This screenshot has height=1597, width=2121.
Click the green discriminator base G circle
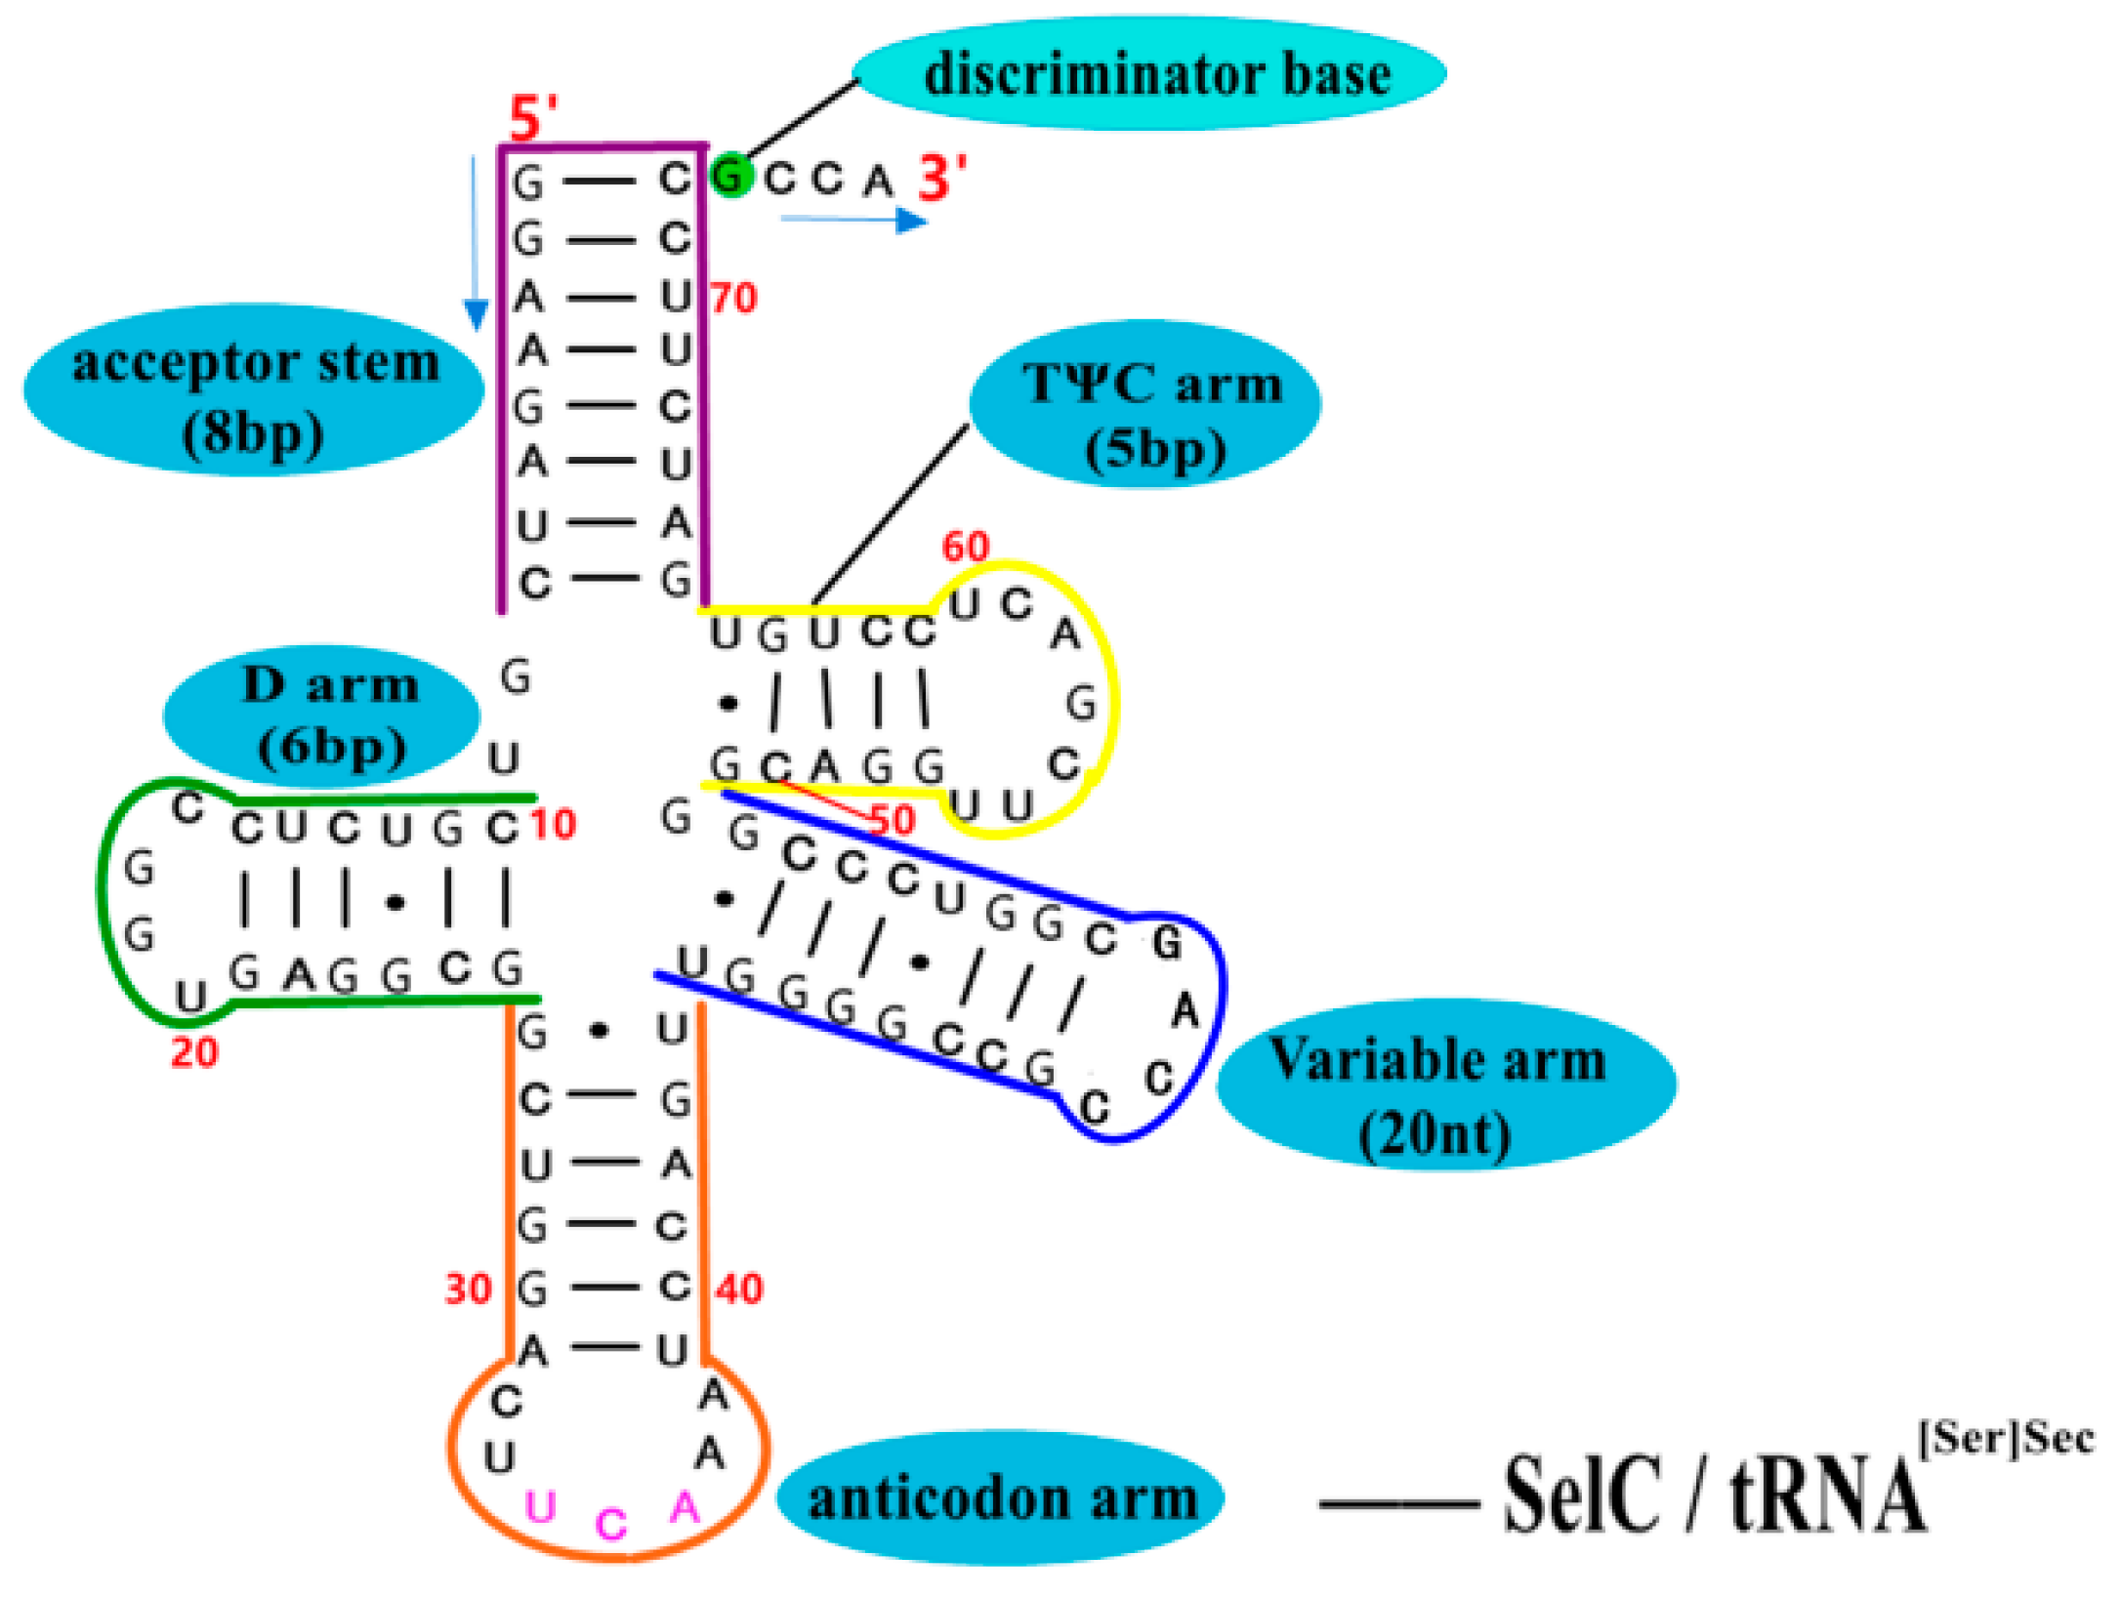click(730, 176)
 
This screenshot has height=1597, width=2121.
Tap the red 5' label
click(533, 119)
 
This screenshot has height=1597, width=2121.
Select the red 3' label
click(942, 179)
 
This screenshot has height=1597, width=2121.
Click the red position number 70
click(733, 298)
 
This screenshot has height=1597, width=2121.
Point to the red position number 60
click(965, 547)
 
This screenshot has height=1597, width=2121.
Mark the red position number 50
click(892, 820)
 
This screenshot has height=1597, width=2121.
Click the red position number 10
click(554, 825)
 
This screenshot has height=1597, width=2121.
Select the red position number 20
click(194, 1052)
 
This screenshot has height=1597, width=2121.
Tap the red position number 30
click(468, 1290)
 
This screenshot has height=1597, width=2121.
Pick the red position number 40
click(739, 1290)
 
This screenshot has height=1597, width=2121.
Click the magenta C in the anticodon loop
click(611, 1524)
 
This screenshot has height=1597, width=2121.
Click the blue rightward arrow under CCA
click(853, 221)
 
